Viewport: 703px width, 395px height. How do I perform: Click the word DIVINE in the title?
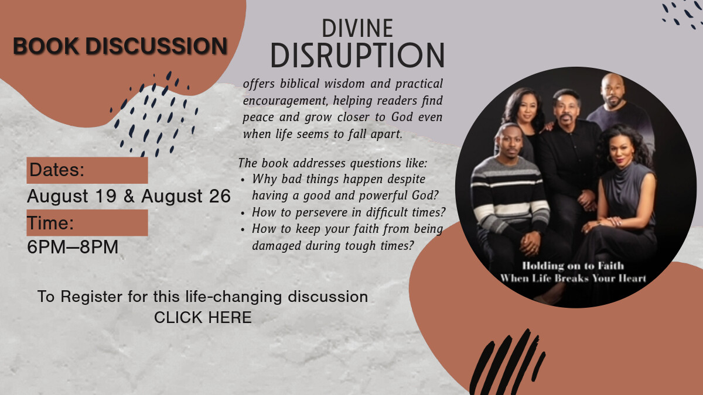coord(357,28)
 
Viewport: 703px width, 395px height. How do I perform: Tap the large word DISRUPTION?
coord(357,55)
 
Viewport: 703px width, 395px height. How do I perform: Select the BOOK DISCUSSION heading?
coord(120,46)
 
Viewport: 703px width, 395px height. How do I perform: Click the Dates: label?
coord(57,170)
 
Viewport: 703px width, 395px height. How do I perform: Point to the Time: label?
coord(50,223)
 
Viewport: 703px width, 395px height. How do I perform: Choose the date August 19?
coord(72,196)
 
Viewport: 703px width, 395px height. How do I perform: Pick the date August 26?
coord(186,196)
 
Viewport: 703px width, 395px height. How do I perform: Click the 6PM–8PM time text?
coord(73,247)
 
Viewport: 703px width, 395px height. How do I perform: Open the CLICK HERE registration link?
coord(203,317)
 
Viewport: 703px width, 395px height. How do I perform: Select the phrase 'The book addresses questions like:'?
coord(332,163)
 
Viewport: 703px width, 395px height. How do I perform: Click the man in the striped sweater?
coord(510,201)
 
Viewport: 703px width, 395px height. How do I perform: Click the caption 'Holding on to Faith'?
coord(573,266)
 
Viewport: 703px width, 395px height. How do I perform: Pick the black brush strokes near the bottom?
coord(507,363)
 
